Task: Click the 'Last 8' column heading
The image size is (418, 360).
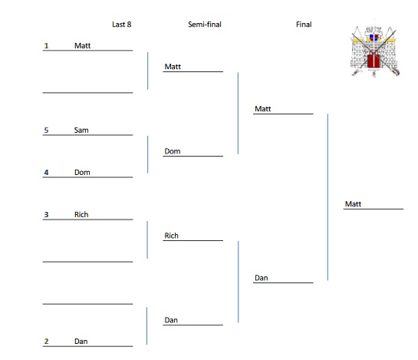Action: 122,25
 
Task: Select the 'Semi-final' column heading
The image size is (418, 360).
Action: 205,25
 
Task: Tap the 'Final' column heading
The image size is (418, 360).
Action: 304,25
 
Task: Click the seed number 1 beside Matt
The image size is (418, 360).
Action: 46,45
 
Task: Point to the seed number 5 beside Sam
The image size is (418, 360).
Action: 46,130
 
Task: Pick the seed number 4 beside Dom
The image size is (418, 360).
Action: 46,173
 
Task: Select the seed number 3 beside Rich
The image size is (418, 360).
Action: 46,215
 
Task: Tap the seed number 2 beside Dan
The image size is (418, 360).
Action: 46,341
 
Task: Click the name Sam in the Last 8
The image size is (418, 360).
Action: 81,130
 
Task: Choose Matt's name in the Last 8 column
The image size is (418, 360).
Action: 83,45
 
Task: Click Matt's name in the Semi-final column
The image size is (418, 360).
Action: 173,67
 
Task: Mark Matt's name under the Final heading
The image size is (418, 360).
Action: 263,109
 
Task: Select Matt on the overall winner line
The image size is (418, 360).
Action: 353,204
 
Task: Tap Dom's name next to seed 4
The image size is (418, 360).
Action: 82,173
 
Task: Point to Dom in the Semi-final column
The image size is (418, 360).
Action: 173,151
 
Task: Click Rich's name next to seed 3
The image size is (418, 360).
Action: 81,215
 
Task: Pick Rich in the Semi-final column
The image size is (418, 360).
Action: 171,236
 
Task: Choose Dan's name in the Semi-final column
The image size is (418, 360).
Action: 171,319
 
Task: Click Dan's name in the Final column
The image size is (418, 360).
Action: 262,278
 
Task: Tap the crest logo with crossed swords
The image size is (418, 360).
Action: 375,52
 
